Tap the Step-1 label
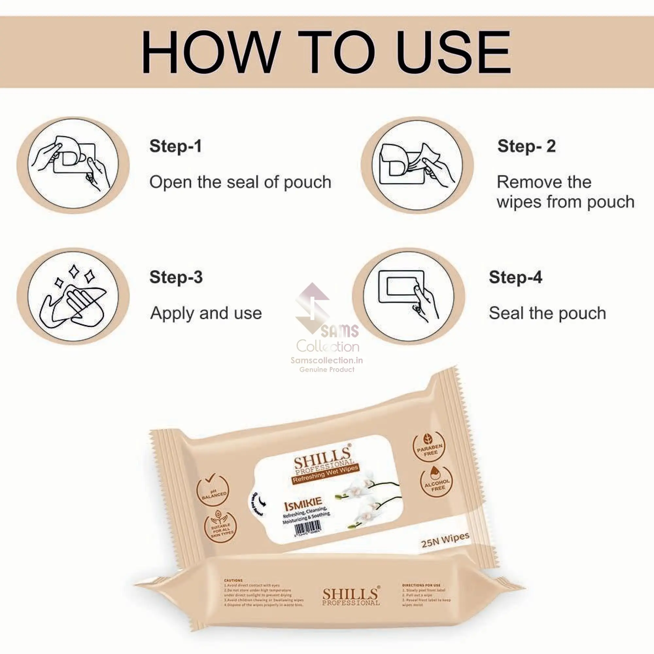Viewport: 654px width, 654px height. point(175,146)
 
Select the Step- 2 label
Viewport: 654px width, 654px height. point(526,146)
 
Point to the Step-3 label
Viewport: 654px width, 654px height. point(176,277)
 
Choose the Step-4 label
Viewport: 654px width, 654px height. point(515,277)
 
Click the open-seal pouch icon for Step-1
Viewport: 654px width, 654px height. point(73,165)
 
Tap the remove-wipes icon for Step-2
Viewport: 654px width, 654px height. point(417,165)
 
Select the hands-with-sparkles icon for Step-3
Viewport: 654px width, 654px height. point(73,296)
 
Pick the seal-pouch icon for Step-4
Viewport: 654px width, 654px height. point(408,296)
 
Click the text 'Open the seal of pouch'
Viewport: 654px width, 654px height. point(240,182)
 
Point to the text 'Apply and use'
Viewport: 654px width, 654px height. point(206,313)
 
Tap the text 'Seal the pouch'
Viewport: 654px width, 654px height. point(547,313)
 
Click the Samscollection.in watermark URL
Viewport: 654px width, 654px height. point(327,360)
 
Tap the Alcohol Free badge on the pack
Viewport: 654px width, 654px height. point(437,482)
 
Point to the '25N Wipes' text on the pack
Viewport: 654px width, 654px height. point(445,540)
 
